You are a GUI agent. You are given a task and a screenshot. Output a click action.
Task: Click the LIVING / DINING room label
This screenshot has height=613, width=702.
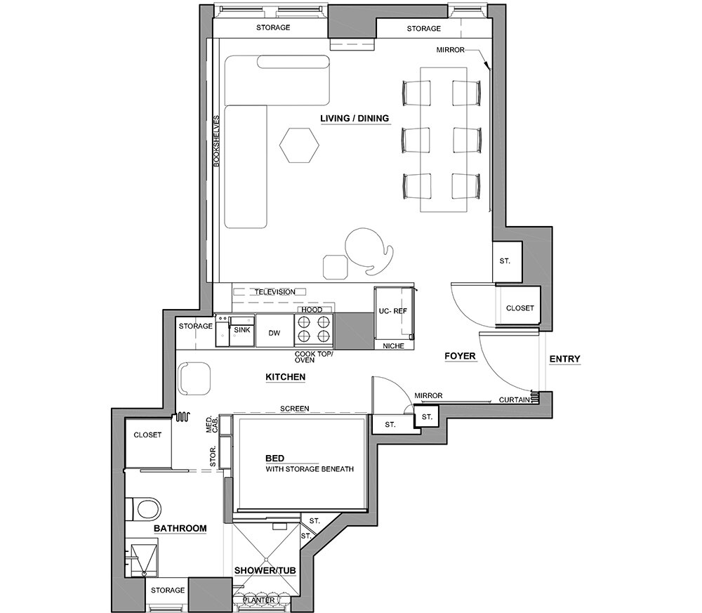(x=355, y=119)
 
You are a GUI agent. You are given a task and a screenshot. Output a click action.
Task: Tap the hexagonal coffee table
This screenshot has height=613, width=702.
(x=300, y=145)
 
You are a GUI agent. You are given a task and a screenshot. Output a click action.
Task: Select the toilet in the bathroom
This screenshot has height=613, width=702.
(x=143, y=509)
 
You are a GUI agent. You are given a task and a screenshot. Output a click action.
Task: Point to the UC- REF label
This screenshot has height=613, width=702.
(x=393, y=311)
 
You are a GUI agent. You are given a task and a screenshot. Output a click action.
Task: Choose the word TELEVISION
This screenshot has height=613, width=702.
(x=275, y=292)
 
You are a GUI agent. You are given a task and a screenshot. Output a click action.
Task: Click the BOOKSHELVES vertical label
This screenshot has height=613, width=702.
(x=217, y=141)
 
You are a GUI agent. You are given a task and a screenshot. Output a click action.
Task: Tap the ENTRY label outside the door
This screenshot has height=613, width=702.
(x=564, y=359)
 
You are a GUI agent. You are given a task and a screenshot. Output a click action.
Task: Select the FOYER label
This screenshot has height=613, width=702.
(x=460, y=356)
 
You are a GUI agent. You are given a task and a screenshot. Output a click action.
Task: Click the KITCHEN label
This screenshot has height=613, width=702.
(x=286, y=377)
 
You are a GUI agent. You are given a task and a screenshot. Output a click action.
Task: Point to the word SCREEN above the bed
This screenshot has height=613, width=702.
(x=295, y=409)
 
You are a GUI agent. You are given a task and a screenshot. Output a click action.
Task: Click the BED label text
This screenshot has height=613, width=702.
(x=275, y=459)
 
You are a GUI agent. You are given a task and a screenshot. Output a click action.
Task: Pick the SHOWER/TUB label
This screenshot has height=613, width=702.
(x=265, y=570)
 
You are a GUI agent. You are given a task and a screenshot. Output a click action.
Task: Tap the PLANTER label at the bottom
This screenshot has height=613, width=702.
(x=259, y=600)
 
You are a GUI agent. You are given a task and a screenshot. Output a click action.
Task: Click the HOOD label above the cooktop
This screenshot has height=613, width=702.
(x=312, y=310)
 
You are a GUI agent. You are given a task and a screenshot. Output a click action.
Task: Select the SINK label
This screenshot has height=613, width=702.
(x=242, y=330)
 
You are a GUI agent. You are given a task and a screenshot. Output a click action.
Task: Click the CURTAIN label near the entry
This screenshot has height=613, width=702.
(x=515, y=400)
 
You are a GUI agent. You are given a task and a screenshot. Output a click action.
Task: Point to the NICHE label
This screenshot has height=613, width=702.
(x=394, y=345)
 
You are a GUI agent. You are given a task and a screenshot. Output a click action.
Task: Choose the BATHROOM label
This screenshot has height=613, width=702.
(x=180, y=528)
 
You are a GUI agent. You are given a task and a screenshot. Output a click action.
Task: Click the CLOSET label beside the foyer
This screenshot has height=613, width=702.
(x=519, y=308)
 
